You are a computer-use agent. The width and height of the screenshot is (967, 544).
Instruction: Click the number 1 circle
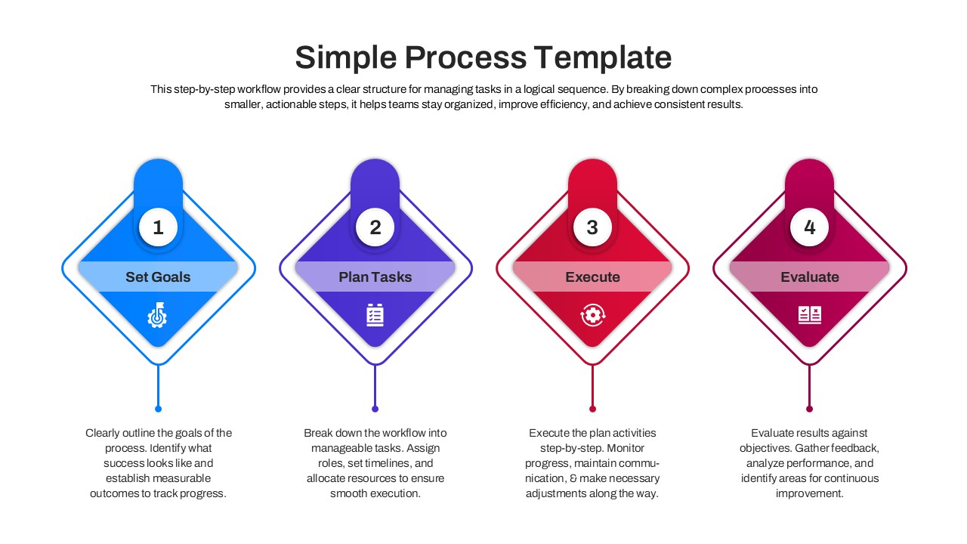pos(158,227)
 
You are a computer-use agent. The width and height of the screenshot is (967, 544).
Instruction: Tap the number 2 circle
pos(375,227)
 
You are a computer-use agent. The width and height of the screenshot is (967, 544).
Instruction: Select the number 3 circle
pos(592,227)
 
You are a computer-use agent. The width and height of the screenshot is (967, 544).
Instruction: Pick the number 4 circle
pos(810,227)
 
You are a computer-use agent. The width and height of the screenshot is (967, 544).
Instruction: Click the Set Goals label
pos(158,277)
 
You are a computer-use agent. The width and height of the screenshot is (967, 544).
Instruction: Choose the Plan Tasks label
pos(375,277)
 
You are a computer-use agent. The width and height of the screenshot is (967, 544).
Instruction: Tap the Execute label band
pos(592,277)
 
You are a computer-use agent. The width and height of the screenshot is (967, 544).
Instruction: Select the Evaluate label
pos(810,277)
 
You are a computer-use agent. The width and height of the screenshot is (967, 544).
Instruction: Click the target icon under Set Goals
pos(157,314)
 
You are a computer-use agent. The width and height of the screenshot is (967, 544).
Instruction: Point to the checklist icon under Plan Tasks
pos(375,314)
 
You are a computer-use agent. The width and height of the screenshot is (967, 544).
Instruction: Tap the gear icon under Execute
pos(592,314)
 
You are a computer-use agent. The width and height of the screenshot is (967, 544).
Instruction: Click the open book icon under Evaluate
pos(810,314)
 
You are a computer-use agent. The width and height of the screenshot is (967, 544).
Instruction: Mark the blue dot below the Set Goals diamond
pos(158,409)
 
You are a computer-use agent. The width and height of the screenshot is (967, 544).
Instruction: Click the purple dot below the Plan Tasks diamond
pos(375,409)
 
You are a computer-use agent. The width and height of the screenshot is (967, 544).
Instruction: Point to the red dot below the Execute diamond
pos(592,409)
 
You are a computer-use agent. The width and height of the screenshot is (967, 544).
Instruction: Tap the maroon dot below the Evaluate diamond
pos(810,409)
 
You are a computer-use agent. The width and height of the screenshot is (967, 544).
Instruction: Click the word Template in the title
pos(602,57)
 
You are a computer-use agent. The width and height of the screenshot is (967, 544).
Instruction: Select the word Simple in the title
pos(344,57)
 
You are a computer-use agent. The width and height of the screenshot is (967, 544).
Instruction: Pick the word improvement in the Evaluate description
pos(809,493)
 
